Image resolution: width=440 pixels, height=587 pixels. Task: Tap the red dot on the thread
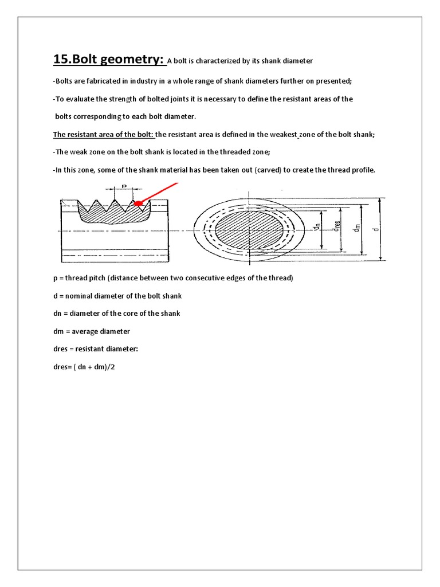tap(138, 203)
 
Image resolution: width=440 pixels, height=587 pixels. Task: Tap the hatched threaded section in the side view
tap(112, 215)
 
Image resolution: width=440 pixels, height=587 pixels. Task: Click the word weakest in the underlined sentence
tap(281, 135)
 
